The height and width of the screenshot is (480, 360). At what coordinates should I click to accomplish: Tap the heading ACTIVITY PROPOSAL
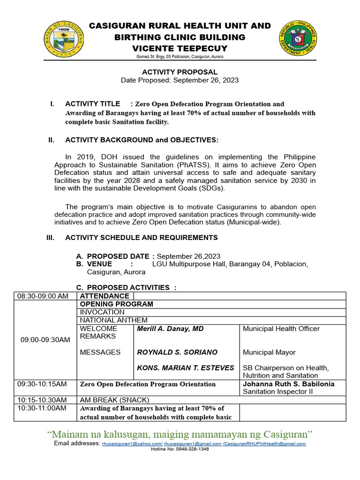[x=180, y=72]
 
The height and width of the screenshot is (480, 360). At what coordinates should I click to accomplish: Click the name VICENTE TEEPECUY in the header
[x=180, y=48]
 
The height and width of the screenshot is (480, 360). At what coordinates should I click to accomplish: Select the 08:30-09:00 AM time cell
[x=43, y=296]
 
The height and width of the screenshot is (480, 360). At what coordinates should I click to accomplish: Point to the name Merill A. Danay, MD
[x=170, y=329]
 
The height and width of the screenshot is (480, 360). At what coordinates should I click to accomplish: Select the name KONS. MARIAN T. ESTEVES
[x=185, y=367]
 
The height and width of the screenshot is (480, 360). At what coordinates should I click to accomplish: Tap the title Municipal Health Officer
[x=281, y=329]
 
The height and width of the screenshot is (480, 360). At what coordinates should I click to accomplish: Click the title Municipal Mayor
[x=269, y=352]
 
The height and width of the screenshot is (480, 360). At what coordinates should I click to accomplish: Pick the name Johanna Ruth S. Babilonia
[x=289, y=384]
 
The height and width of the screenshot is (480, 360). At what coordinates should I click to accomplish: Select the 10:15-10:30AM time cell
[x=42, y=400]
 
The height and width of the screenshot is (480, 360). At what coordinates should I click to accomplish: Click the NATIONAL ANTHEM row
[x=113, y=320]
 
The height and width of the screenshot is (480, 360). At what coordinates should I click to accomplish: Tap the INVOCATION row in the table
[x=102, y=312]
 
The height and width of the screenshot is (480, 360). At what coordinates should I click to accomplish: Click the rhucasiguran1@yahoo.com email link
[x=132, y=443]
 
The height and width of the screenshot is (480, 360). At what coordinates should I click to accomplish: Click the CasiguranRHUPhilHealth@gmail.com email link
[x=265, y=443]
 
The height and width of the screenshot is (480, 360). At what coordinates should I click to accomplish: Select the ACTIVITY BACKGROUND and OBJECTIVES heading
[x=142, y=140]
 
